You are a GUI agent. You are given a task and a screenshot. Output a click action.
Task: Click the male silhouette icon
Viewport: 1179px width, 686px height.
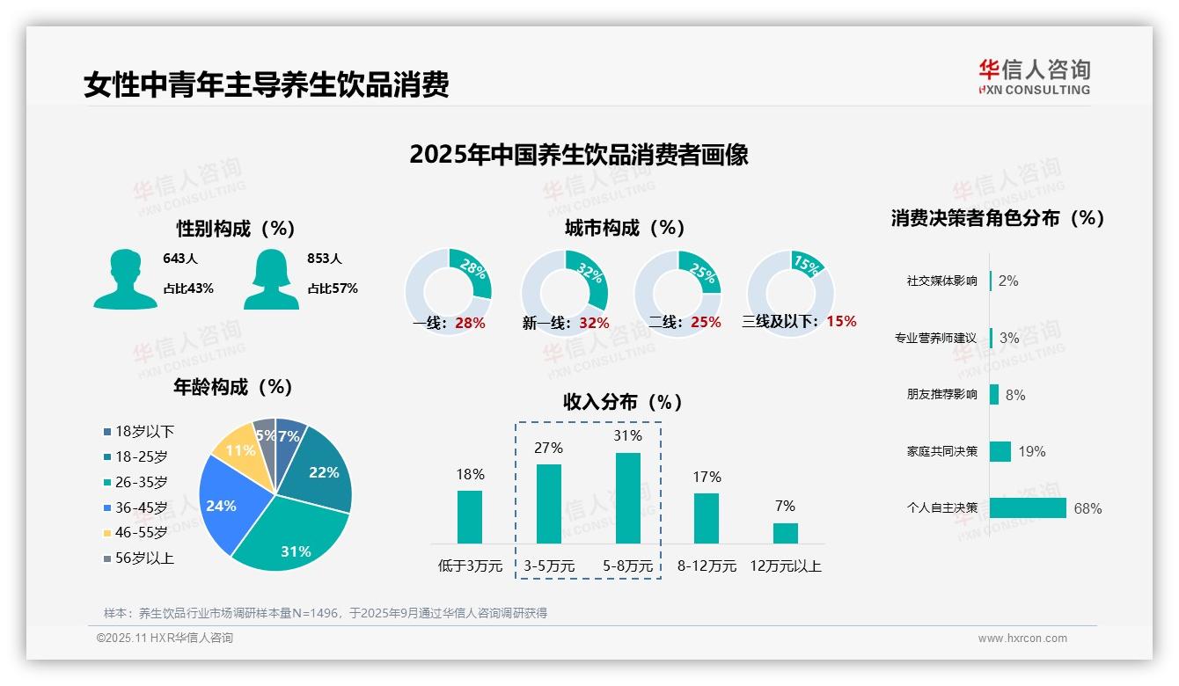click(x=125, y=279)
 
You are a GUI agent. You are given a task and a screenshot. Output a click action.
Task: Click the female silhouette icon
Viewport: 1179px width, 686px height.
click(x=271, y=279)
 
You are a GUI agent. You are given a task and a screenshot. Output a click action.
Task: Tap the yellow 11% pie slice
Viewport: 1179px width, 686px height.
click(x=235, y=448)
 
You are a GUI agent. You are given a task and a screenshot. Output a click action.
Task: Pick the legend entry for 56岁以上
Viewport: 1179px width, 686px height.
click(x=139, y=558)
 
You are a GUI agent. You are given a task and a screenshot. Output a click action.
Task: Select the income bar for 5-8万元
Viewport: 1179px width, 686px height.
click(x=627, y=498)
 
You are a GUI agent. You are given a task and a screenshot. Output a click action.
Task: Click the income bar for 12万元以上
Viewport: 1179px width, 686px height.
click(x=785, y=533)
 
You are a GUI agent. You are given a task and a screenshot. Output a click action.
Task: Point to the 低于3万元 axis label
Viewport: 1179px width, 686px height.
click(x=469, y=566)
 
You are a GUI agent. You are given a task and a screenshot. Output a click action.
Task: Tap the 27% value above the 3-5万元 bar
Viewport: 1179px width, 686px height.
click(x=548, y=448)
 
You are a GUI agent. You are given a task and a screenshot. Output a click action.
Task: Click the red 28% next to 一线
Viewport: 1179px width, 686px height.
click(x=470, y=323)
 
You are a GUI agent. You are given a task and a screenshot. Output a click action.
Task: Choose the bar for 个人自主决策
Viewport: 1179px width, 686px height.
click(x=1028, y=508)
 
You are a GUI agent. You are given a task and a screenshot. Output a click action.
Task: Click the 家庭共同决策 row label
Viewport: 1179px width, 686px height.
click(x=941, y=451)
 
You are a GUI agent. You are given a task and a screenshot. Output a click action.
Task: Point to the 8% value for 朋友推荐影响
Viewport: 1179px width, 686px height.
click(x=1015, y=395)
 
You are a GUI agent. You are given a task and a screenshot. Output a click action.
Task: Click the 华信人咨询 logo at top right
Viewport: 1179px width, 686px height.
click(x=1034, y=77)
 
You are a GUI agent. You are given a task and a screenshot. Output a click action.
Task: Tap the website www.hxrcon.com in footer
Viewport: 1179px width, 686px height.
click(x=1022, y=639)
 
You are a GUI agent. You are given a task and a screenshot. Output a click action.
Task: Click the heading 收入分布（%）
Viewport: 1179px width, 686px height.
click(x=623, y=402)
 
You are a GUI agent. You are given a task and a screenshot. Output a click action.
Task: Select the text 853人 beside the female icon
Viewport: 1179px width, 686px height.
click(x=325, y=259)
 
